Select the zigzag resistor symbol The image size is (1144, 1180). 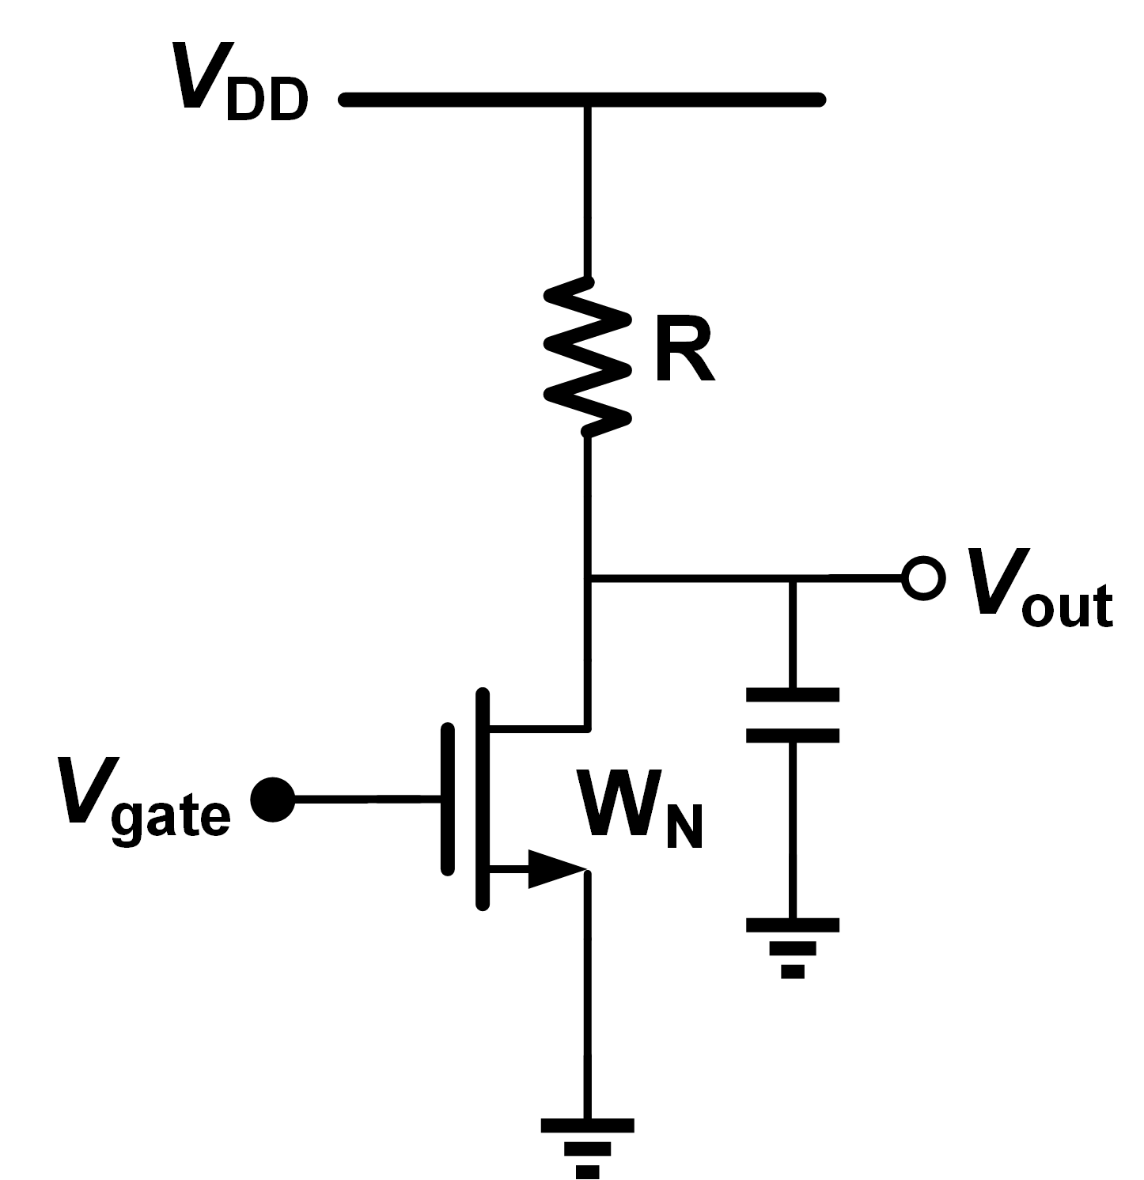tap(588, 356)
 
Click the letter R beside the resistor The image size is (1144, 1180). tap(684, 353)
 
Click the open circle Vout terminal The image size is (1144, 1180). tap(922, 578)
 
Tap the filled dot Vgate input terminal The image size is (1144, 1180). tap(272, 800)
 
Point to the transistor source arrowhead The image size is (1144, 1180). tap(558, 870)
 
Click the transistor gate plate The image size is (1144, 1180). tap(449, 799)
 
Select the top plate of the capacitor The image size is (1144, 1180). tap(793, 695)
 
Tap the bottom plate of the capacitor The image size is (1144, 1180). tap(793, 736)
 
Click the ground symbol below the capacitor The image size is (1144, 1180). tap(793, 946)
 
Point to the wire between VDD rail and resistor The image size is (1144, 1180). tap(587, 190)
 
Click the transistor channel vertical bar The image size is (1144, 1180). tap(483, 799)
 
